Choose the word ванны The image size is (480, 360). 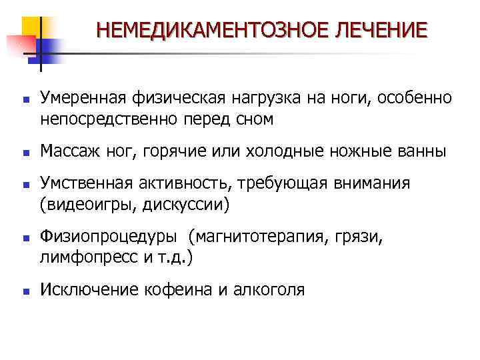(x=421, y=151)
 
